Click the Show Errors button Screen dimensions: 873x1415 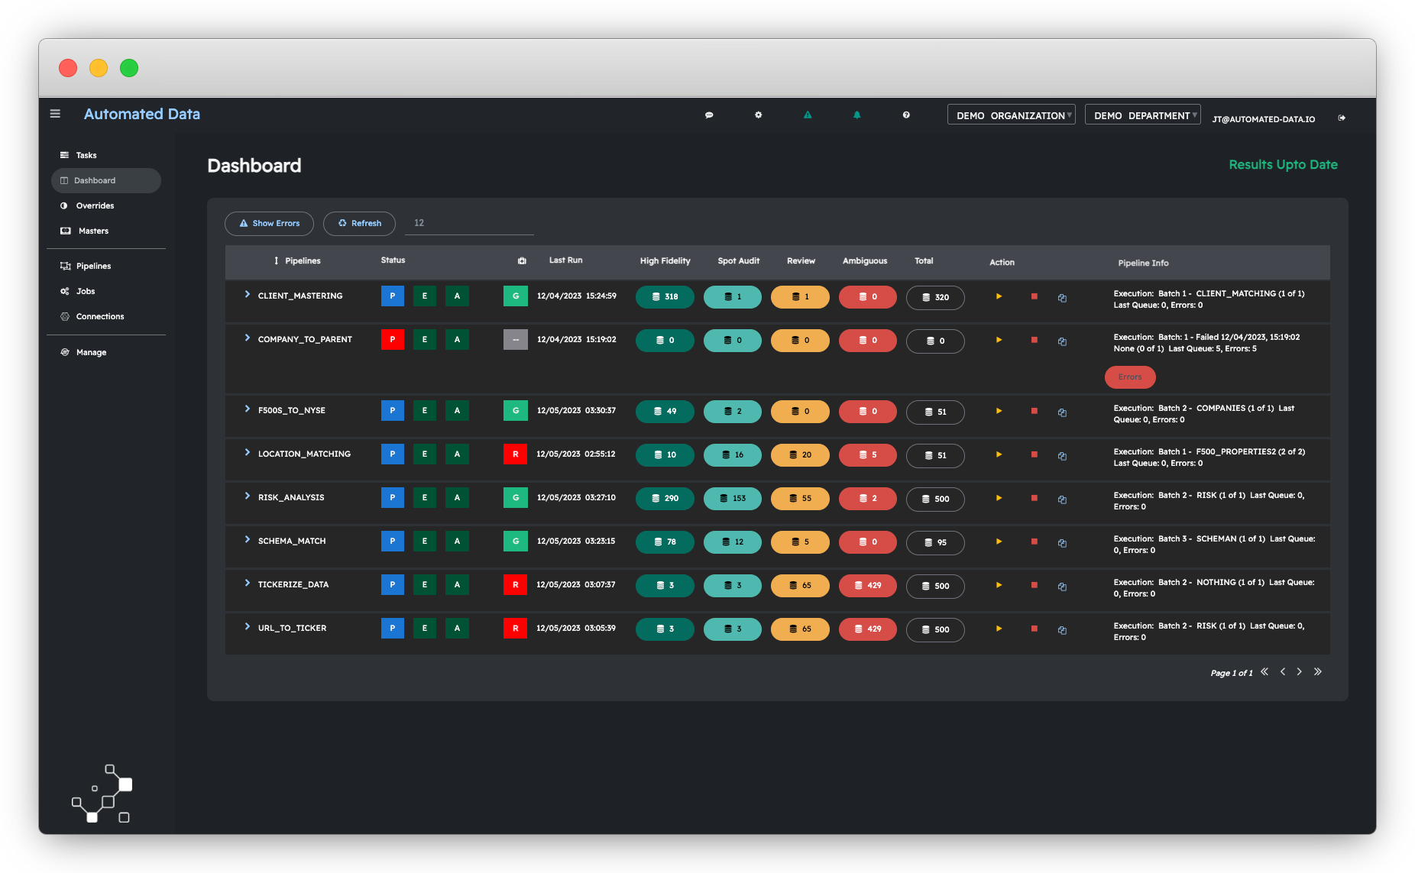click(269, 223)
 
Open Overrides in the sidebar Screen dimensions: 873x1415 click(95, 205)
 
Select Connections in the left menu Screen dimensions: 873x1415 click(99, 316)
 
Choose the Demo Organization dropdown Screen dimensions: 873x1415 click(1011, 115)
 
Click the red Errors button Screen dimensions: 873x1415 click(1129, 377)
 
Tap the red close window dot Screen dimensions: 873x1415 click(68, 68)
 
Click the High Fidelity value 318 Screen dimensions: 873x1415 click(665, 296)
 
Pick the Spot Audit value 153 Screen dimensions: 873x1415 click(732, 498)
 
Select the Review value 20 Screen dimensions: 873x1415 click(800, 454)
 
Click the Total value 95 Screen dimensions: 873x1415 click(935, 542)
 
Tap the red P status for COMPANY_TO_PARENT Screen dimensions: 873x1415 click(393, 339)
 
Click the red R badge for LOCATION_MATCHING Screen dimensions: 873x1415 click(516, 454)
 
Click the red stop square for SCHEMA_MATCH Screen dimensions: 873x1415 click(1034, 542)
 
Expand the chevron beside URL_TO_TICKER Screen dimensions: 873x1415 click(248, 627)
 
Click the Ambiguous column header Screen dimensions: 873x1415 click(865, 260)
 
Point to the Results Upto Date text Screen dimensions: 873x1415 click(1283, 164)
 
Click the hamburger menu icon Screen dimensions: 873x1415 click(55, 114)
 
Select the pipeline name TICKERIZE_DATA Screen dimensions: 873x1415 click(293, 584)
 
